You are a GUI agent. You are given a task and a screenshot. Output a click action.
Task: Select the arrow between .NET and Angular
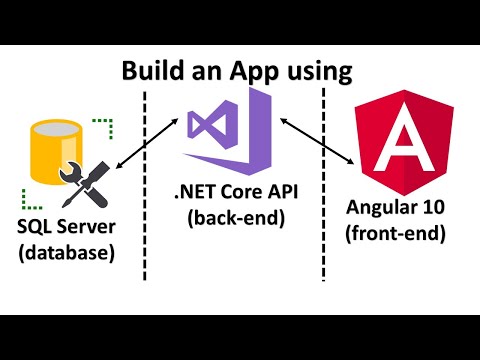[x=318, y=139]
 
